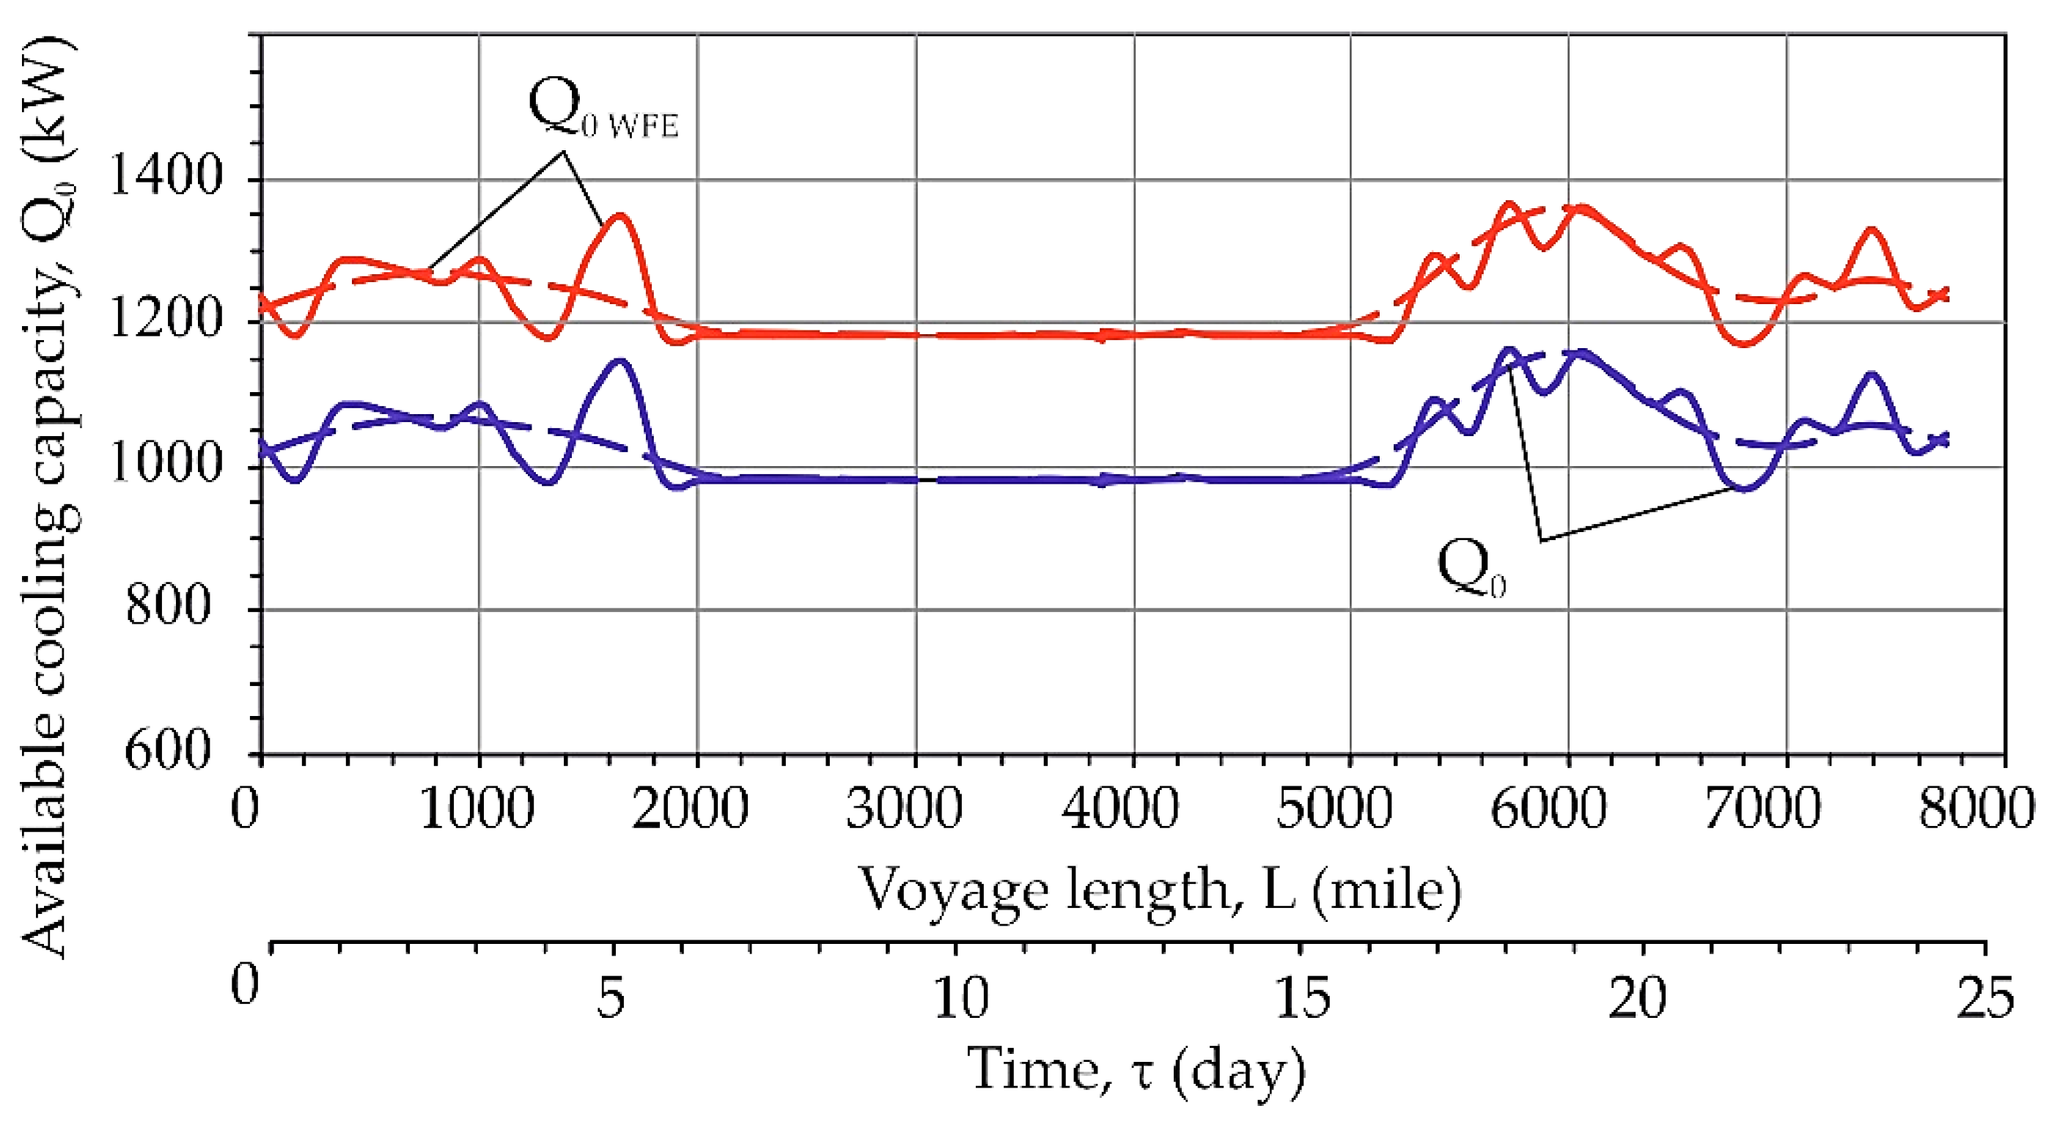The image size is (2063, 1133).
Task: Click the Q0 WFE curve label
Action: [602, 111]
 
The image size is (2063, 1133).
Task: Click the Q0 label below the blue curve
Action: [1471, 567]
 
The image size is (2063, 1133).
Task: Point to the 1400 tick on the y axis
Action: [164, 178]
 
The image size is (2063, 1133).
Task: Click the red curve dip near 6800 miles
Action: [1745, 344]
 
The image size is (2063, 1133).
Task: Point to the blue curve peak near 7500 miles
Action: [1870, 374]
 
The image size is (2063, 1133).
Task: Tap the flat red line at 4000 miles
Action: [1133, 334]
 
